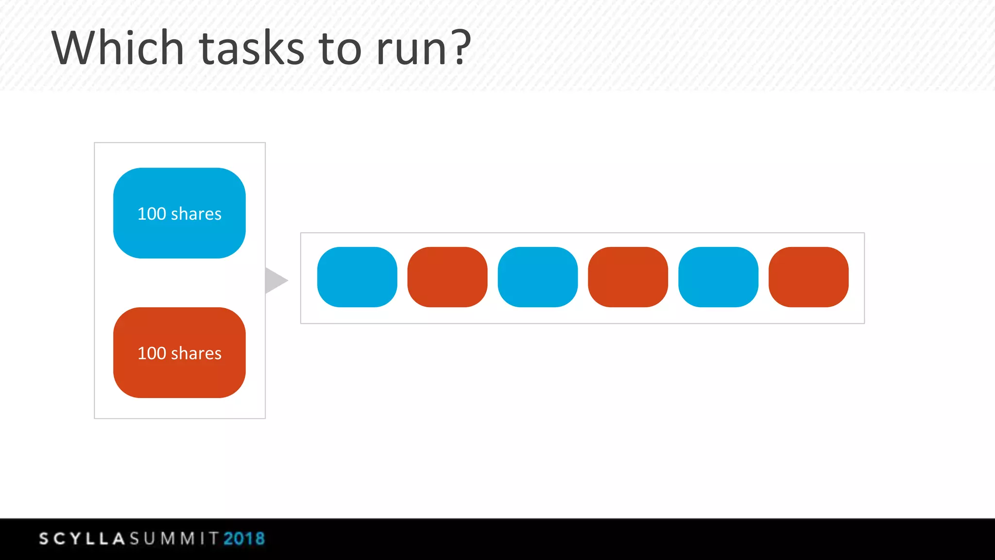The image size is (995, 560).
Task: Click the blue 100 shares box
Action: [179, 213]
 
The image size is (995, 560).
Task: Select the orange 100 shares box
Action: [179, 352]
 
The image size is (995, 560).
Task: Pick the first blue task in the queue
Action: [357, 277]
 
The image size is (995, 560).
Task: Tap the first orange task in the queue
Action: [447, 277]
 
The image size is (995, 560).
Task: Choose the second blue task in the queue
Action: [538, 277]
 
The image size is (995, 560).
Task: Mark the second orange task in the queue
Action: [628, 277]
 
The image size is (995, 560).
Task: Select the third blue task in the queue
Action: [718, 277]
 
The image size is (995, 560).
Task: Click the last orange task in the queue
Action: [808, 277]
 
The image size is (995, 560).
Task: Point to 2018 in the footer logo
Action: [244, 539]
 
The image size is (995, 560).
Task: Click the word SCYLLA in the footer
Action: [82, 539]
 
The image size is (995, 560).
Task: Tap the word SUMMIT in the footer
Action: [174, 539]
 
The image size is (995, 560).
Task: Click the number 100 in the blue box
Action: [152, 214]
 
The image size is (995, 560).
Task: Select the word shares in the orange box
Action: [196, 353]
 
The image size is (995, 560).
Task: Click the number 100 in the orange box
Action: [152, 353]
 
